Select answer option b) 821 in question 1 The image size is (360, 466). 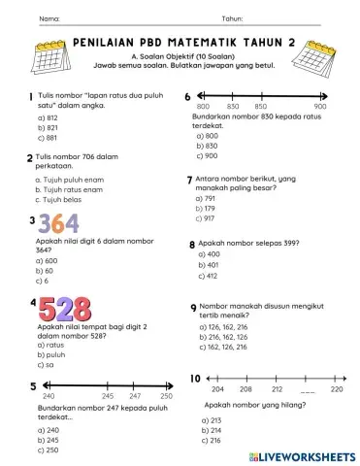click(x=48, y=127)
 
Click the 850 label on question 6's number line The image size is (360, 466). click(x=261, y=106)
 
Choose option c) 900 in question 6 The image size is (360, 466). click(x=206, y=155)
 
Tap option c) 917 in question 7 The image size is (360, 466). click(x=204, y=218)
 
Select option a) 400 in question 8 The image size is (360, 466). click(x=207, y=253)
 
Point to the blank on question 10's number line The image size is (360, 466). click(x=308, y=388)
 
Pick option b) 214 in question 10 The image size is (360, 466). click(x=207, y=429)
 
